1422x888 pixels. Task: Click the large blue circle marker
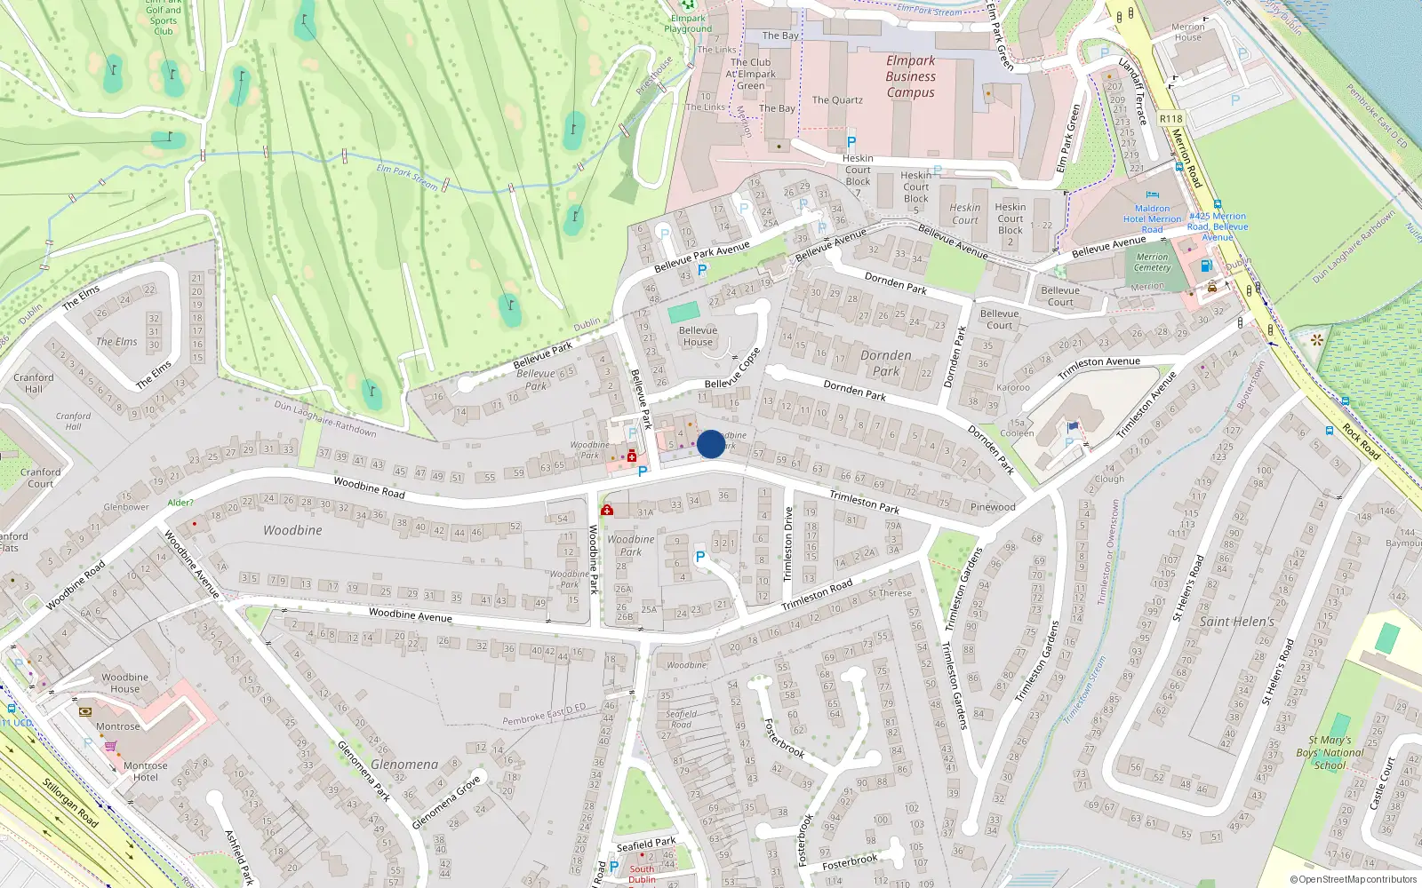pyautogui.click(x=711, y=444)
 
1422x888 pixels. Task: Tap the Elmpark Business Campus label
pyautogui.click(x=910, y=76)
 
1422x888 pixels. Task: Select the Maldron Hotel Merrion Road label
pyautogui.click(x=1152, y=218)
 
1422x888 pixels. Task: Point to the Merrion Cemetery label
pyautogui.click(x=1152, y=262)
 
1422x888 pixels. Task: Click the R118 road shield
pyautogui.click(x=1170, y=118)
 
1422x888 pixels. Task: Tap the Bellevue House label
pyautogui.click(x=698, y=336)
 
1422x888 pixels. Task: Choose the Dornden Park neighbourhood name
pyautogui.click(x=885, y=363)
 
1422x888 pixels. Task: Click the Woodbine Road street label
pyautogui.click(x=369, y=487)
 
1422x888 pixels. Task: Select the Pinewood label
pyautogui.click(x=993, y=507)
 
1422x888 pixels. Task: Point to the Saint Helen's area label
pyautogui.click(x=1236, y=622)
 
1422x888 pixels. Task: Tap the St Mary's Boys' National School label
pyautogui.click(x=1330, y=752)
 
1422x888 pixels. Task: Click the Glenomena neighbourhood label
pyautogui.click(x=404, y=764)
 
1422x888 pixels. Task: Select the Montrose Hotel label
pyautogui.click(x=146, y=771)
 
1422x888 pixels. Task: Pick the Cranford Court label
pyautogui.click(x=40, y=478)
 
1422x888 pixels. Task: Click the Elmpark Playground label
pyautogui.click(x=688, y=23)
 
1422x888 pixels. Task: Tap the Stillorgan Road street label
pyautogui.click(x=70, y=803)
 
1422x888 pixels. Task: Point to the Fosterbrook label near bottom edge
pyautogui.click(x=850, y=861)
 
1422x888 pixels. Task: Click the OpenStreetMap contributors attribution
pyautogui.click(x=1353, y=879)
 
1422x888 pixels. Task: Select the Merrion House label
pyautogui.click(x=1187, y=32)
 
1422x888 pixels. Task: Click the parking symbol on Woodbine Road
pyautogui.click(x=643, y=472)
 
